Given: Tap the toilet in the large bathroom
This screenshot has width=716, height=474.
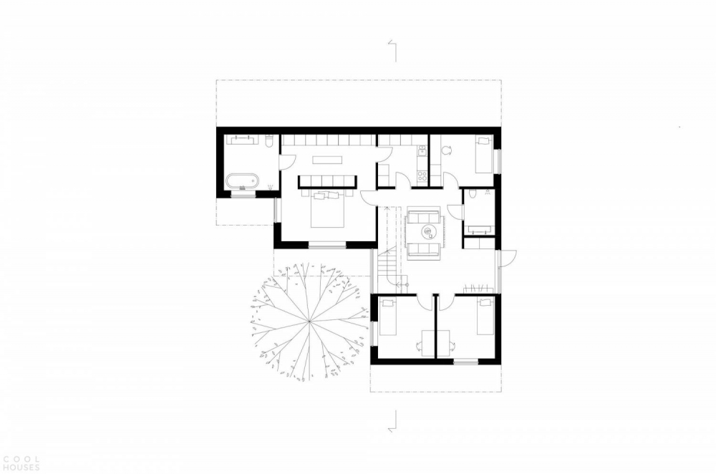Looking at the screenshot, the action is (269, 140).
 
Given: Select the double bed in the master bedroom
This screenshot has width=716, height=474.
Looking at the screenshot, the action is (326, 209).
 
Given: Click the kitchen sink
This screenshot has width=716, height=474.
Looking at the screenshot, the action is (422, 150).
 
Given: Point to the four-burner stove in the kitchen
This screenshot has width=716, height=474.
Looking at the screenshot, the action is (422, 176).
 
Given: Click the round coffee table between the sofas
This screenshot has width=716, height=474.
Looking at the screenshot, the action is (430, 232).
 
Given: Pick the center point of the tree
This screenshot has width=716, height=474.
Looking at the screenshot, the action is (309, 321).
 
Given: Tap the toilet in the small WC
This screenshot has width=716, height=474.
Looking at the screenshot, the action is (474, 193).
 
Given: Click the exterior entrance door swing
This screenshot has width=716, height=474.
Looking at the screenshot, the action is (508, 258).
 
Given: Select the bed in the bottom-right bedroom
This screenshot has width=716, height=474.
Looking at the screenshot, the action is (485, 316).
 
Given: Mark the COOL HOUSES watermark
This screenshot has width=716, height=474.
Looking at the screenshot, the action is (20, 463).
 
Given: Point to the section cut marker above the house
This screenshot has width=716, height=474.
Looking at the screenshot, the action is (392, 50).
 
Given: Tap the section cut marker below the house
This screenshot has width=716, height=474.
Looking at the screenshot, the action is (392, 420).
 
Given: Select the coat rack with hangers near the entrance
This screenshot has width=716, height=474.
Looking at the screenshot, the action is (478, 289).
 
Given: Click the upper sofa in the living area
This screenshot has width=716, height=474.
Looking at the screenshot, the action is (423, 216).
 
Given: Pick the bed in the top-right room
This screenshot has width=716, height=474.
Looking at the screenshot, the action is (484, 155).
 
